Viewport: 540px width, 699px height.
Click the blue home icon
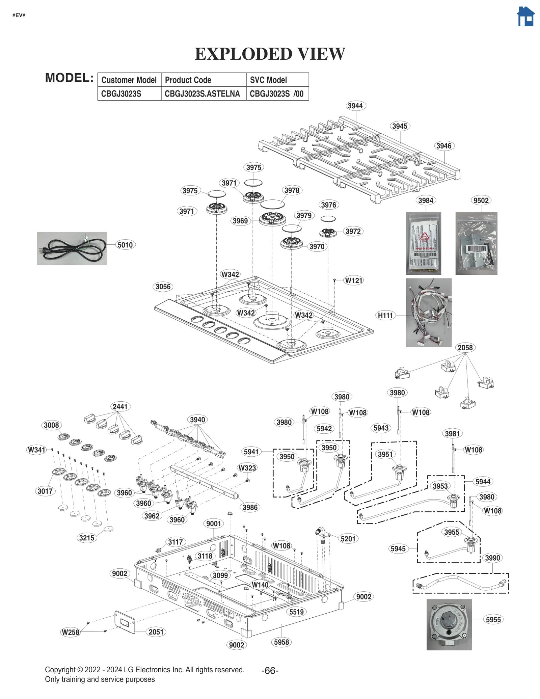tap(525, 17)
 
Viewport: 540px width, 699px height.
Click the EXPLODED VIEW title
tap(270, 54)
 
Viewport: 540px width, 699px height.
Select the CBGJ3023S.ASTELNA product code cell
tap(202, 94)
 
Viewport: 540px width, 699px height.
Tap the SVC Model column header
tap(268, 80)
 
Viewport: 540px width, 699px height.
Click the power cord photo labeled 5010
tap(72, 248)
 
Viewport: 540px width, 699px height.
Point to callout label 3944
tap(355, 106)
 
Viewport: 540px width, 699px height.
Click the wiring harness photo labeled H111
tap(429, 313)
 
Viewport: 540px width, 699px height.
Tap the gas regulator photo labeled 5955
tap(449, 624)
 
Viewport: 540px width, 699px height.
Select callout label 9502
tap(481, 200)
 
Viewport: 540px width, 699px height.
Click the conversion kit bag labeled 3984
tap(423, 243)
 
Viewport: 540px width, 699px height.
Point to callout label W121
tap(353, 280)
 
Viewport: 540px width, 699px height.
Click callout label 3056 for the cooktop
tap(163, 287)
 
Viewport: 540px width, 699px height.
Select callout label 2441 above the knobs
tap(120, 406)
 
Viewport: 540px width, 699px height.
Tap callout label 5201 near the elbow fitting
tap(348, 539)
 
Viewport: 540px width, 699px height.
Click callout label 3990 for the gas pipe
tap(492, 558)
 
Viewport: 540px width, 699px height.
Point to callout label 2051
tap(156, 632)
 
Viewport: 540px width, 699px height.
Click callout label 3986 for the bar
tap(250, 507)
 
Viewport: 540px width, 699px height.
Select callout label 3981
tap(452, 434)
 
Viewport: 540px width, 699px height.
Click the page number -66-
tap(270, 671)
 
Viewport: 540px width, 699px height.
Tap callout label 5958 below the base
tap(281, 642)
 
